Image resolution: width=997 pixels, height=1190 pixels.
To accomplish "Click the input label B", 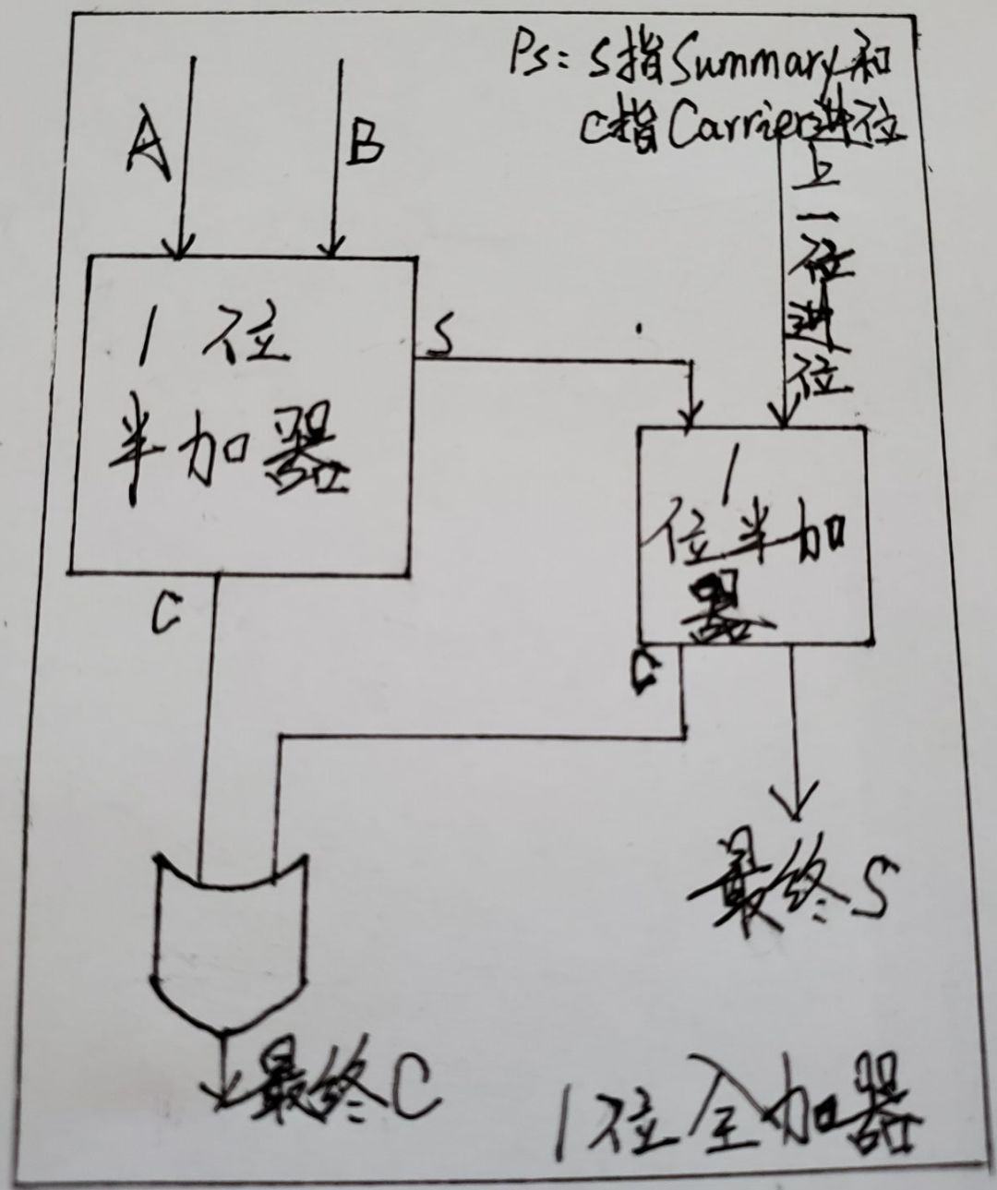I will [366, 142].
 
